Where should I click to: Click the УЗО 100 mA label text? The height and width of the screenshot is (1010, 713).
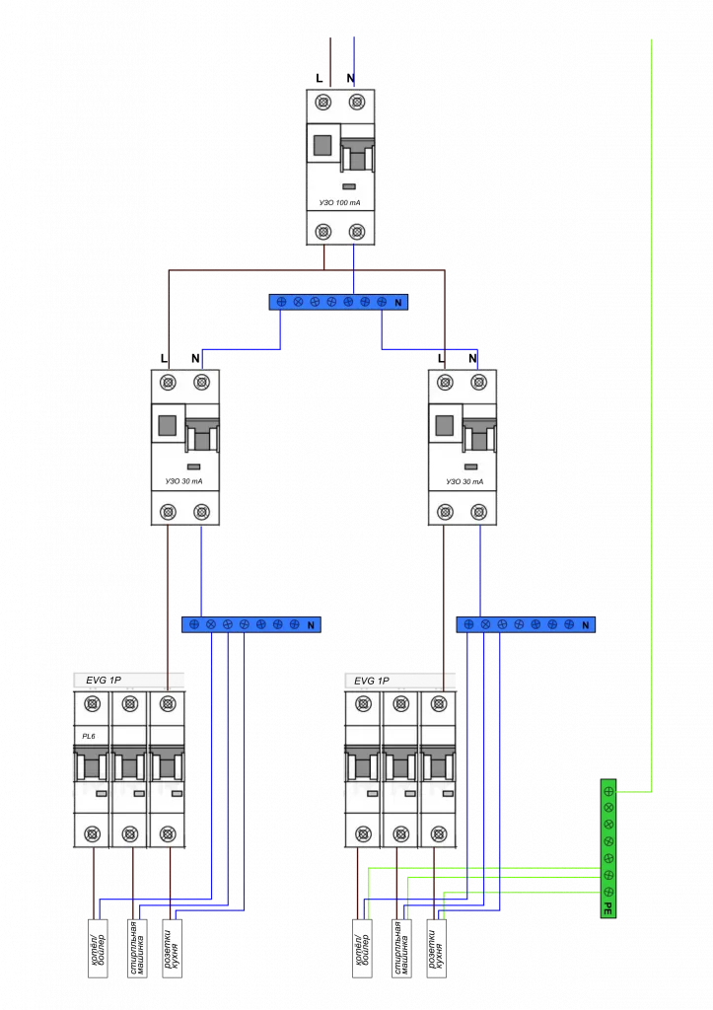pos(339,202)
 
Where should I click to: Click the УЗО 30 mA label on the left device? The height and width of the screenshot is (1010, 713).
pos(185,481)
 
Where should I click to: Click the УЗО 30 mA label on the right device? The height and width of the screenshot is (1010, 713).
pos(463,481)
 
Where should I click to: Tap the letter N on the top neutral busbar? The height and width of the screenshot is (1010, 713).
pos(398,302)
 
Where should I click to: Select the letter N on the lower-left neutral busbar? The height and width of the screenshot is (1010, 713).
pos(311,624)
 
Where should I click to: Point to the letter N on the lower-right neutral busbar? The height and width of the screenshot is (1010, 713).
pos(586,624)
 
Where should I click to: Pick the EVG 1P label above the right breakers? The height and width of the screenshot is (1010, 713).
pos(372,681)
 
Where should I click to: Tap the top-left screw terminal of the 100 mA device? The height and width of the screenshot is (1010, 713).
pos(322,103)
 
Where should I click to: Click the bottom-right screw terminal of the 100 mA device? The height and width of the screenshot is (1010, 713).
pos(356,232)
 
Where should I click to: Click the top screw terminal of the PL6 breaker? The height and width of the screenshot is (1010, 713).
pos(92,703)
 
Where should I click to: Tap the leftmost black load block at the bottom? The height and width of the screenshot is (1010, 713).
pos(98,948)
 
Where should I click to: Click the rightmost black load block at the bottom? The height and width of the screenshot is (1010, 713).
pos(438,948)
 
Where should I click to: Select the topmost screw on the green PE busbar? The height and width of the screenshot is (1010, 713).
pos(608,790)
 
